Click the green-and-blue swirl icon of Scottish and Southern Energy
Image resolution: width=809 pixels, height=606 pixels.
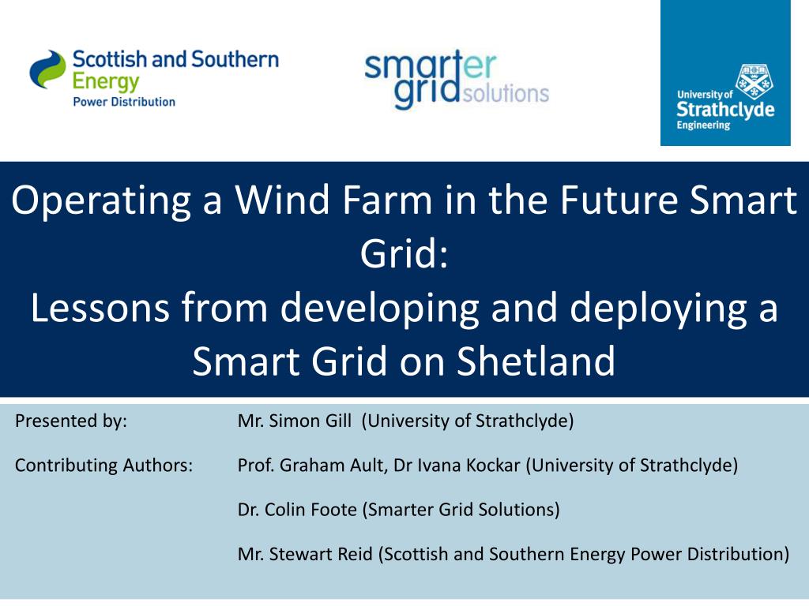(47, 69)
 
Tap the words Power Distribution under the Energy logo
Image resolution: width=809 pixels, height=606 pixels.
(124, 102)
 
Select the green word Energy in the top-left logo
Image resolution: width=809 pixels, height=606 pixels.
(106, 82)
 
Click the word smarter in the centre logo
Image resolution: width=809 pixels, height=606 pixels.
(431, 66)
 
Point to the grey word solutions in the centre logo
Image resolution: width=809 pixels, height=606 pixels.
(506, 93)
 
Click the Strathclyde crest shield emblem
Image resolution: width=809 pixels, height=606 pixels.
(754, 81)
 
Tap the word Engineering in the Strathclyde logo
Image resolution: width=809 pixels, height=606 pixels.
(703, 125)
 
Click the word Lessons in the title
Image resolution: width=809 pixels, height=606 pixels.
(100, 308)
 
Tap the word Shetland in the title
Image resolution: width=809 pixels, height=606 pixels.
(536, 361)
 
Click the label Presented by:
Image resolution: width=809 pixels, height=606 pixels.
(70, 421)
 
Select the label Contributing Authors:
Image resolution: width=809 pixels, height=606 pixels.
(103, 466)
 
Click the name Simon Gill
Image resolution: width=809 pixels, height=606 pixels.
(310, 421)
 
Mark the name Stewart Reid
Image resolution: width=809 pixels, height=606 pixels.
(321, 554)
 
